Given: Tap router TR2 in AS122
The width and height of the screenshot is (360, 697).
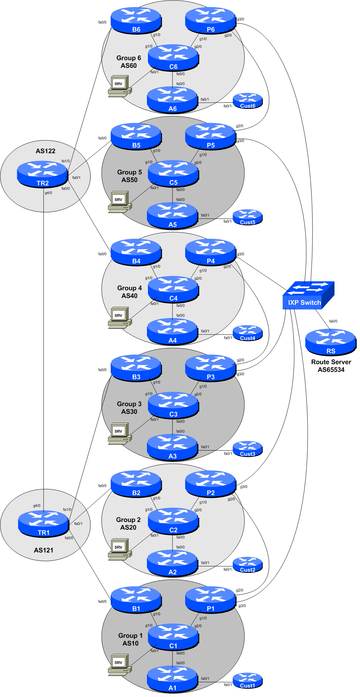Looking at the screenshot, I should click(x=42, y=174).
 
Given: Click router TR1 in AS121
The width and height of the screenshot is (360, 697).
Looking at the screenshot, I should click(x=43, y=524).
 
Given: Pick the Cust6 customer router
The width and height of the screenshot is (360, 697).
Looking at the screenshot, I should click(x=248, y=101).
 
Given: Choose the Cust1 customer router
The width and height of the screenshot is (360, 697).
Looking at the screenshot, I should click(x=248, y=680).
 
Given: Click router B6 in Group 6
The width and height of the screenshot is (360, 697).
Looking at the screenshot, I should click(x=136, y=20).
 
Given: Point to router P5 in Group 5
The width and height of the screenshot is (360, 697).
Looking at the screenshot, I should click(x=210, y=136).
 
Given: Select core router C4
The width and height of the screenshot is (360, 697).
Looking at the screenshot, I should click(x=173, y=289).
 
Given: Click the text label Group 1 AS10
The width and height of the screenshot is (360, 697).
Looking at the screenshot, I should click(x=130, y=639).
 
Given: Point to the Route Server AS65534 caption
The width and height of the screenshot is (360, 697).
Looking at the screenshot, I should click(x=331, y=366).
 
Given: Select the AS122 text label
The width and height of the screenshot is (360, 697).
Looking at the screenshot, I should click(x=46, y=151).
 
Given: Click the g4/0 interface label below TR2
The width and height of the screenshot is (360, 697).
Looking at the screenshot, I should click(x=48, y=193).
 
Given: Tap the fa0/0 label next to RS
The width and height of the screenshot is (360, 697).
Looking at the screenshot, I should click(x=333, y=321).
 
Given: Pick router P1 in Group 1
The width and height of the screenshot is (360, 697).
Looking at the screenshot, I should click(x=210, y=599).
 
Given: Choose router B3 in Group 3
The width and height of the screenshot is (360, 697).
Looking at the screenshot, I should click(x=136, y=368).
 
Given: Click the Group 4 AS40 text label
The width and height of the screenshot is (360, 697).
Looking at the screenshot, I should click(x=129, y=292).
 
